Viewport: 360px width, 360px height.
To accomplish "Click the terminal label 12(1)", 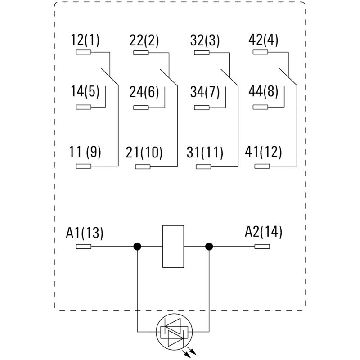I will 85,40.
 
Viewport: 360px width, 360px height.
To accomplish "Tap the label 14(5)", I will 85,92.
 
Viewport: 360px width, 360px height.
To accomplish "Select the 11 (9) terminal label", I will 85,153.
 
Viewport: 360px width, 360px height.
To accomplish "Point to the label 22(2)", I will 144,40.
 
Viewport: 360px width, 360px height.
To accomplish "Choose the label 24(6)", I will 144,92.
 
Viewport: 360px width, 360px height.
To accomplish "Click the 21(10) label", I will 144,153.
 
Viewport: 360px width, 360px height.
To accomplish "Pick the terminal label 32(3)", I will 205,40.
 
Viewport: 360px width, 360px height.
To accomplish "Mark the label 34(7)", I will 205,92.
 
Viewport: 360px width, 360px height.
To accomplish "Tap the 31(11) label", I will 205,153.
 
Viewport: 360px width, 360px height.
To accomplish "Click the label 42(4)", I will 264,40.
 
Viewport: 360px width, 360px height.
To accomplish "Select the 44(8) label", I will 264,92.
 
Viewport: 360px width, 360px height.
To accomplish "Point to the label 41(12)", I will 264,153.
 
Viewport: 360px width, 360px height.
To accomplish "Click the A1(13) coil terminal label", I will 85,233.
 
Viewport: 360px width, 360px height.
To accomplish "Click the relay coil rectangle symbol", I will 173,247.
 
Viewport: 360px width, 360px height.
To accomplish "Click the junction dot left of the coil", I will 137,247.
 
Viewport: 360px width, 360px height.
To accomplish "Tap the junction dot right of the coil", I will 209,247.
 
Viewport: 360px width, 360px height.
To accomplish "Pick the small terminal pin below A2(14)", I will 262,247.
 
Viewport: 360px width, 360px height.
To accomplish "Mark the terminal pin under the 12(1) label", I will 84,53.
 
